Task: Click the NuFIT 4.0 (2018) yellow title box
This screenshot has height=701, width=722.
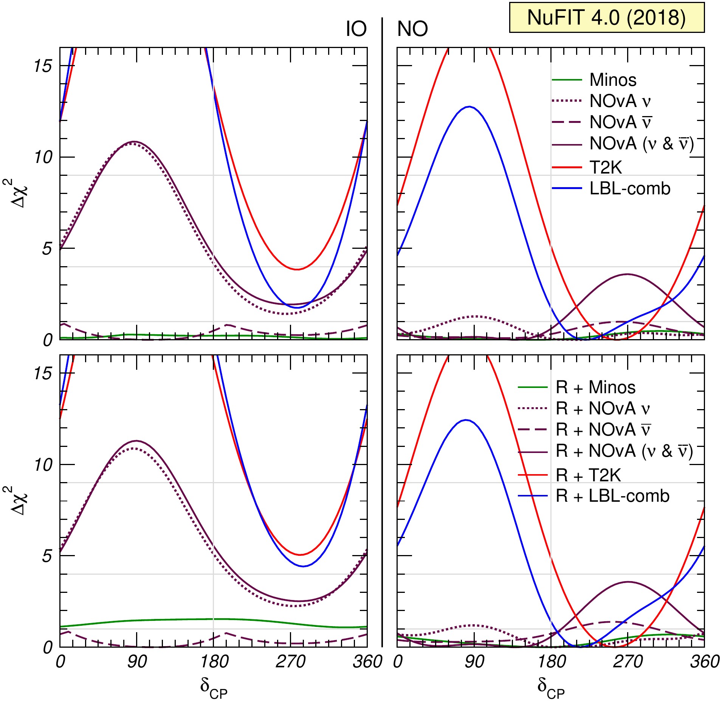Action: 606,17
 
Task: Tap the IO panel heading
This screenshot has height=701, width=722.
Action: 356,29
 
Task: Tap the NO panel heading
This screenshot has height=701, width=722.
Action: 412,29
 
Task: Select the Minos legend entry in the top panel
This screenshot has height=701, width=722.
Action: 613,80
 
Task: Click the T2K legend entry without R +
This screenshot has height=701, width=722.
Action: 606,167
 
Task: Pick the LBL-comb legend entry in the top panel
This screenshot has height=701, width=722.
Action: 630,188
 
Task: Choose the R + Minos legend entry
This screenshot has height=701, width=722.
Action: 595,388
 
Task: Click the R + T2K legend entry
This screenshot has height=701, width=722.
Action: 588,475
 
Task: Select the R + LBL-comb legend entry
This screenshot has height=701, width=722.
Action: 612,496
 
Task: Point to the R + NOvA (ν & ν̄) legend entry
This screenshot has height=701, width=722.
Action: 624,451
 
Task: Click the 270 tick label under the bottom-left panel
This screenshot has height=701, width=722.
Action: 290,662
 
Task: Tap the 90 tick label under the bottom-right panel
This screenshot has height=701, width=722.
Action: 474,662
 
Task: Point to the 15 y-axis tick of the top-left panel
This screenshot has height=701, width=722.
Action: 43,66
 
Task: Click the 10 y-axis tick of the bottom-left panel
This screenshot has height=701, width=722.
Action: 43,465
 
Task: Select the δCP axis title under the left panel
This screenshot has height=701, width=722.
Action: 214,686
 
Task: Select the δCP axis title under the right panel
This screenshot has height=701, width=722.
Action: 551,686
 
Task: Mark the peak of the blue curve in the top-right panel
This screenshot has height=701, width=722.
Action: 469,107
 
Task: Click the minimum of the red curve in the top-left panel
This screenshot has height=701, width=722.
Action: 297,269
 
